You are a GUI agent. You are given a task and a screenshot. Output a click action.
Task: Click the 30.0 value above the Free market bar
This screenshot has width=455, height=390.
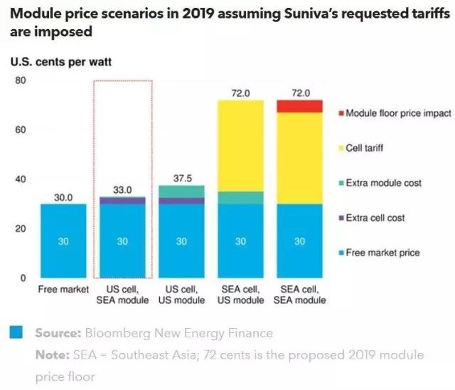(63, 197)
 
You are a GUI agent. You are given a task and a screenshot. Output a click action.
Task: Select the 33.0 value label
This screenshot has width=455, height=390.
(122, 190)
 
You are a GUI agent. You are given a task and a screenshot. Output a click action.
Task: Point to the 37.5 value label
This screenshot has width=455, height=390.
(181, 178)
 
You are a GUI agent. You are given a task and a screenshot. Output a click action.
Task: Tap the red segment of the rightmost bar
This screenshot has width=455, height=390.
(299, 106)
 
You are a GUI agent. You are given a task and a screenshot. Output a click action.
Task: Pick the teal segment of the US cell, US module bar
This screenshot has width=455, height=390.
(181, 191)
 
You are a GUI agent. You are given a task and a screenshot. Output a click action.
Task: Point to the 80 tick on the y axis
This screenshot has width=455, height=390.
(21, 80)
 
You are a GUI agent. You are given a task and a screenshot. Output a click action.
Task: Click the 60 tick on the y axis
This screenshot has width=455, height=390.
(21, 130)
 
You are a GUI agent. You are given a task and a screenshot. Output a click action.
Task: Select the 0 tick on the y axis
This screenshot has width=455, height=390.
(23, 278)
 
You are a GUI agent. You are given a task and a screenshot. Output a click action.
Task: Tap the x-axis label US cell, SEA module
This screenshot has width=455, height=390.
(122, 295)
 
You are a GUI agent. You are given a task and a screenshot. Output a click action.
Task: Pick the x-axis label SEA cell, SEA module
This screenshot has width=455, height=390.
(299, 295)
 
